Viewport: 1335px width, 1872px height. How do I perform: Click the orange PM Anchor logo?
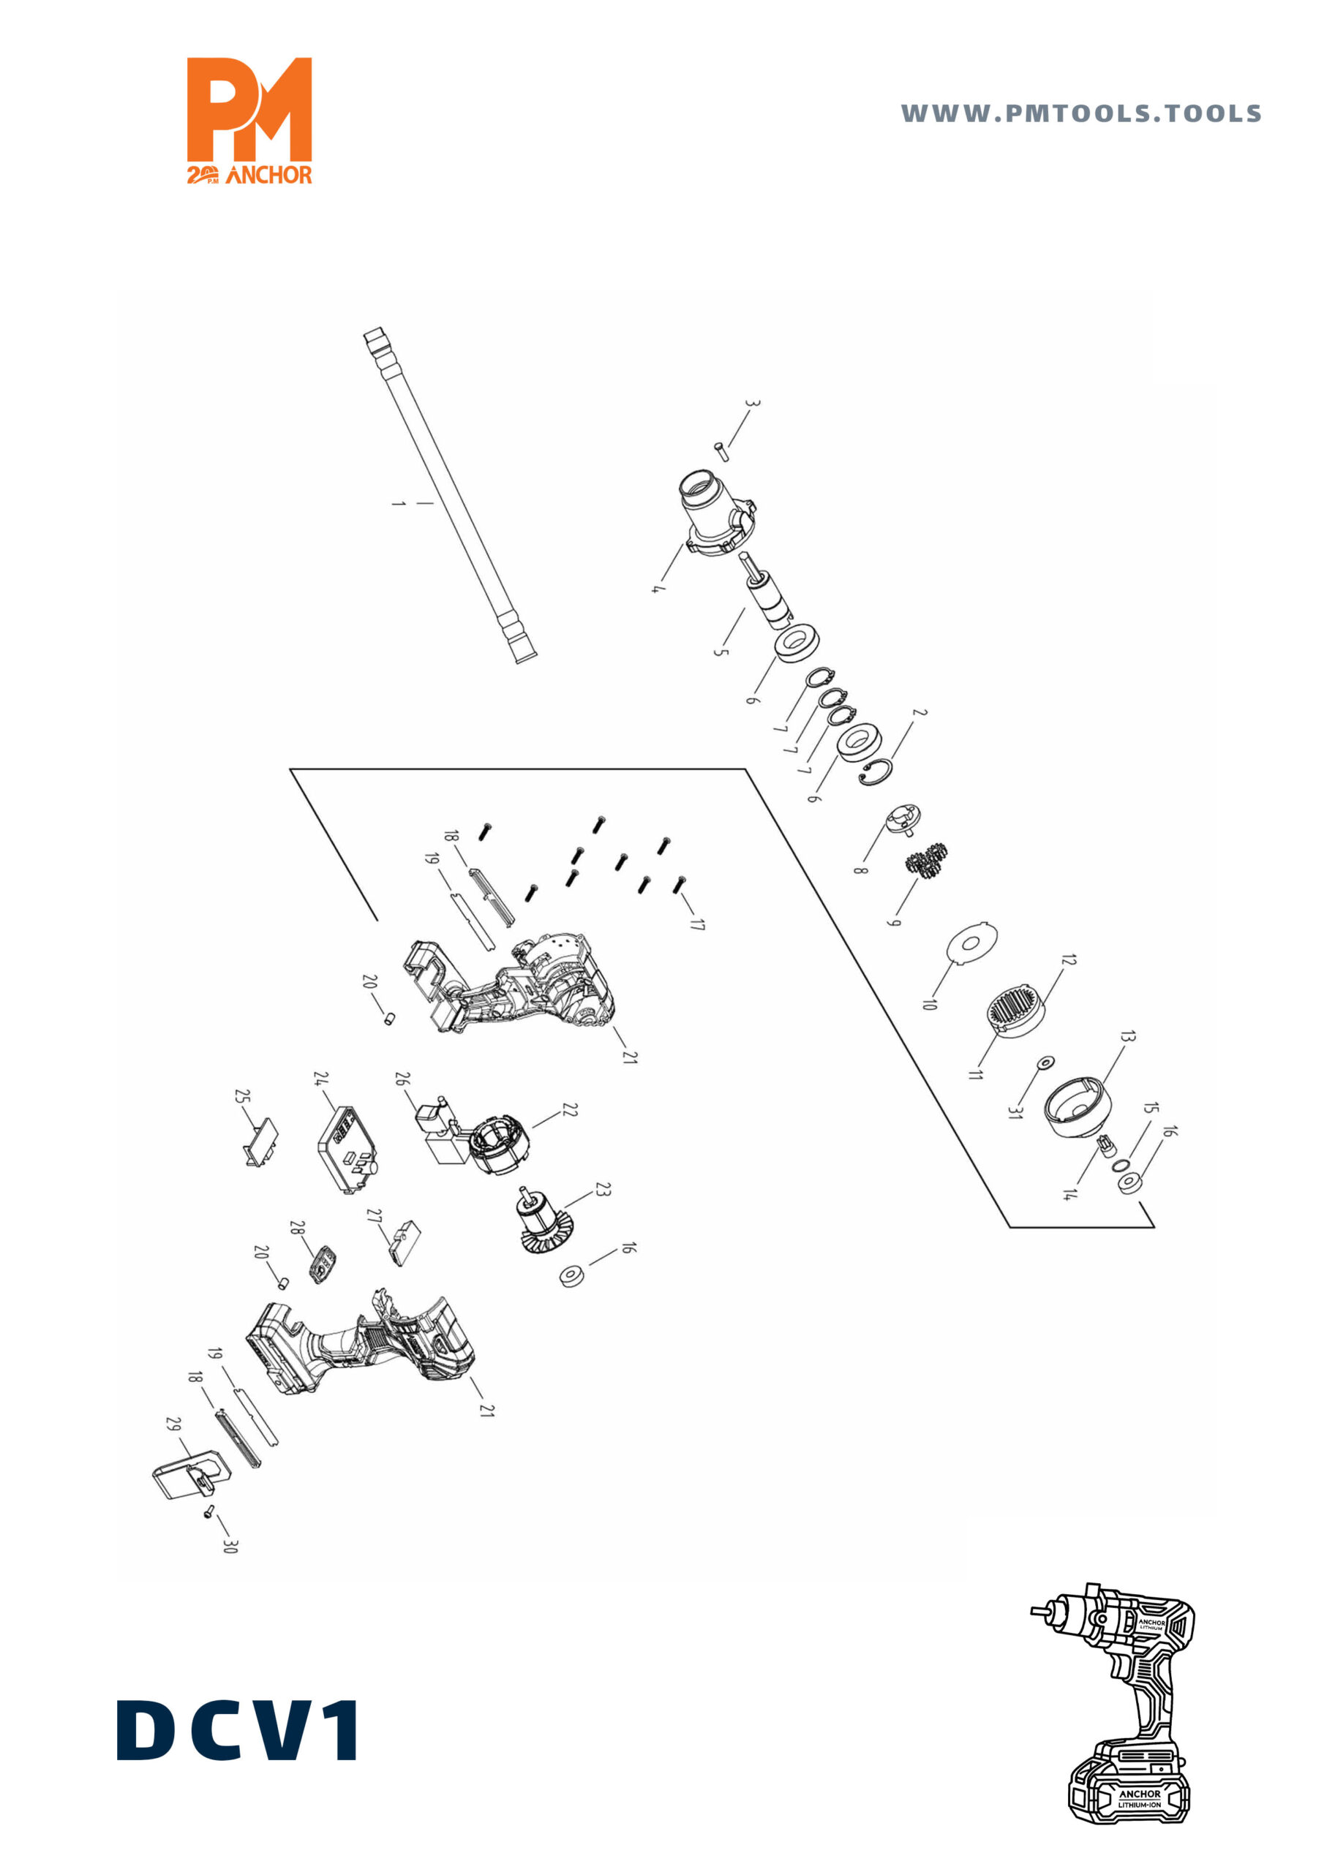(249, 120)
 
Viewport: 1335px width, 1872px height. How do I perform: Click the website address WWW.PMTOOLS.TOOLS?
(1081, 113)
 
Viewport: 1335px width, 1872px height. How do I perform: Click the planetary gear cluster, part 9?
(929, 861)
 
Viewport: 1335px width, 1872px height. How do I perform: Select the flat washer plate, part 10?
(972, 943)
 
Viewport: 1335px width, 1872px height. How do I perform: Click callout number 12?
(1068, 960)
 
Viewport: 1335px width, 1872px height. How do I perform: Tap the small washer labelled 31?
(1045, 1063)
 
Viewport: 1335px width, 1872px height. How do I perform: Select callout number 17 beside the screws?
(697, 924)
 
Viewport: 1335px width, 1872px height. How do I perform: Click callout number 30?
(230, 1546)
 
